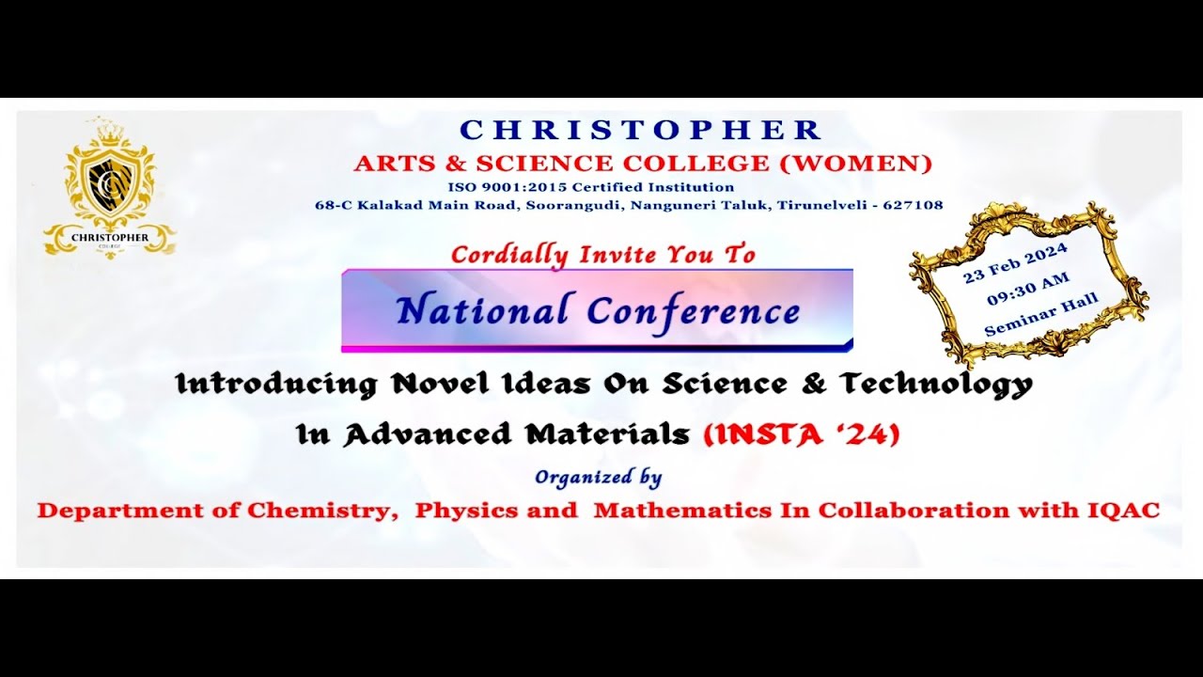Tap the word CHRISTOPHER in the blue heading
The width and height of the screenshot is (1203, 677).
(x=642, y=130)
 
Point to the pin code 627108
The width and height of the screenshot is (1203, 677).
(x=914, y=205)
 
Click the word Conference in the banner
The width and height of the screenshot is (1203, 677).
(x=695, y=310)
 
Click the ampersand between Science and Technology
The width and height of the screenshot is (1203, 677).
(x=817, y=384)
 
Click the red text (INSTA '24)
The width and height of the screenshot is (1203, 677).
(x=802, y=433)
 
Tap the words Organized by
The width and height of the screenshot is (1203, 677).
(x=599, y=477)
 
